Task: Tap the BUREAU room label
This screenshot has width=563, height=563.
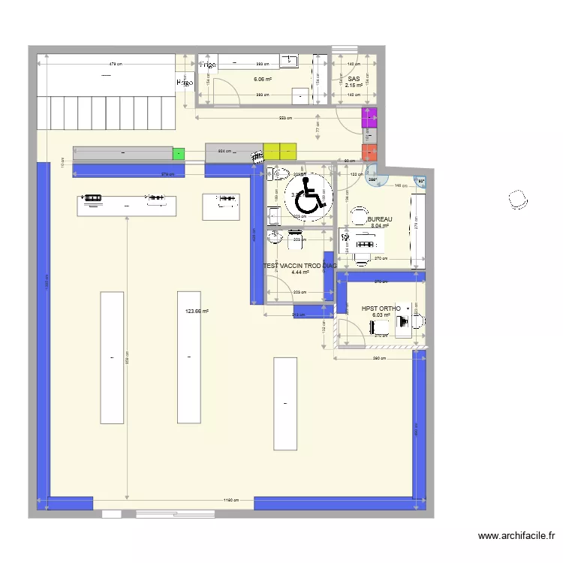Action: coord(380,218)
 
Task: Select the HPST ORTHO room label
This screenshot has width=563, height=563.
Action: coord(381,309)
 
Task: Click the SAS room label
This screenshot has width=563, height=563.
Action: coord(354,79)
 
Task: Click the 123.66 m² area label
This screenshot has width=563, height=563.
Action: coord(197,311)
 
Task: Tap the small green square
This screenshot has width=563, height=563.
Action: coord(179,154)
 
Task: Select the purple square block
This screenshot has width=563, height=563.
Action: coord(369,119)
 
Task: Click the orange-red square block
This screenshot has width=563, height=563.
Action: coord(369,153)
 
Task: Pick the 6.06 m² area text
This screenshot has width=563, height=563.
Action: coord(262,79)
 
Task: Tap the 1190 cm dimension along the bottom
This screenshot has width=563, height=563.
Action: coord(230,499)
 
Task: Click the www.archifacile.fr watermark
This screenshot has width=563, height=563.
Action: coord(516,536)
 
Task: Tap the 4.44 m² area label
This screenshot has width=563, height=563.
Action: coord(300,272)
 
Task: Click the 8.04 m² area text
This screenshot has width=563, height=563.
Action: coord(379,225)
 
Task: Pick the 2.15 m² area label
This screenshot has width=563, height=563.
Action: coord(354,86)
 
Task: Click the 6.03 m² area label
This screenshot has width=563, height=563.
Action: coord(381,315)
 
